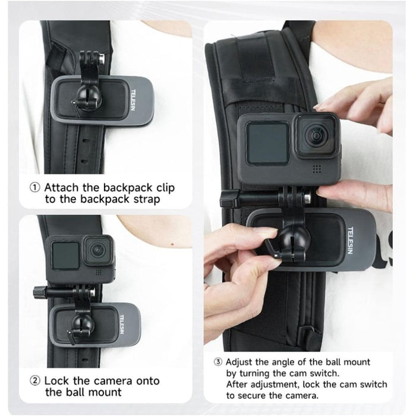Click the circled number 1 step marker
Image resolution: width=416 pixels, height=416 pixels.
[x=35, y=187]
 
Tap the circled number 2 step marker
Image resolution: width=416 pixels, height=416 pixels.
[x=35, y=380]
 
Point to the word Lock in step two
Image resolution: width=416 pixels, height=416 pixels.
[x=57, y=380]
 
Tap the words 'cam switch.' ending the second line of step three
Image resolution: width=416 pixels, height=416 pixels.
[x=339, y=373]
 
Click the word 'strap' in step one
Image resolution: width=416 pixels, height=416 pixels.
[x=146, y=200]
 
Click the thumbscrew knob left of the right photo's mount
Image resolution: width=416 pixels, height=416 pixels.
[x=228, y=198]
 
